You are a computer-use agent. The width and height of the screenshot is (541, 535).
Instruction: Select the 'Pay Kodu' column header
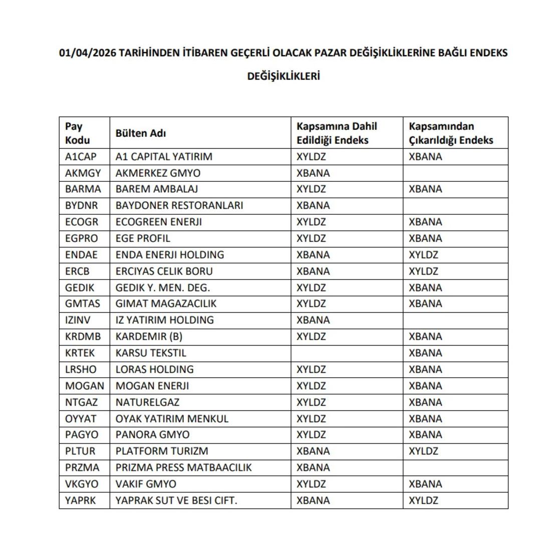coord(78,133)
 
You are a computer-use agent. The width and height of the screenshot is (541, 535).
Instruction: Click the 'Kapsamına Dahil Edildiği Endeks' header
coord(337,133)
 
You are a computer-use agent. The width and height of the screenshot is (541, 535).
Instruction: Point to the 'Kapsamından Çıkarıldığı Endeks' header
coord(451,133)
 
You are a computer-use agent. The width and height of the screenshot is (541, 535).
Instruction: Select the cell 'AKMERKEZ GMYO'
coord(158,173)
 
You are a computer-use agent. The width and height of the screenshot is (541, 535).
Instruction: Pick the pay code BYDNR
coord(81,205)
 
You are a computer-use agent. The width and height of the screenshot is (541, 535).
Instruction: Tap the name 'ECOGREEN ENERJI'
coord(158,222)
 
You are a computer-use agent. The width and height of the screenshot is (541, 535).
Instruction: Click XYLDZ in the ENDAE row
coord(423,254)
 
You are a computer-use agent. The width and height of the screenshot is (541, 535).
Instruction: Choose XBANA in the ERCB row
coord(313,271)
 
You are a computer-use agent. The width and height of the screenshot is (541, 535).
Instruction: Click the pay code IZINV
coord(80,320)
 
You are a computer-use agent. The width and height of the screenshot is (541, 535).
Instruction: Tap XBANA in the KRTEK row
coord(425,353)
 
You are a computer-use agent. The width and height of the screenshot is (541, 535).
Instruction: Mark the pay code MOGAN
coord(85,386)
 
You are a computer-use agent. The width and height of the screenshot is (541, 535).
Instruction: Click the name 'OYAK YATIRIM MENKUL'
coord(172,418)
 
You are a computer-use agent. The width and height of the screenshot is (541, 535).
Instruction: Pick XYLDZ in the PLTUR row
coord(423,451)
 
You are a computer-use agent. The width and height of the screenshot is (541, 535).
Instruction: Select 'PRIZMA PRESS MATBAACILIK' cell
coord(183,467)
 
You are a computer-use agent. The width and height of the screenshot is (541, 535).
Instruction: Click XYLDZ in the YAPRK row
coord(423,500)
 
